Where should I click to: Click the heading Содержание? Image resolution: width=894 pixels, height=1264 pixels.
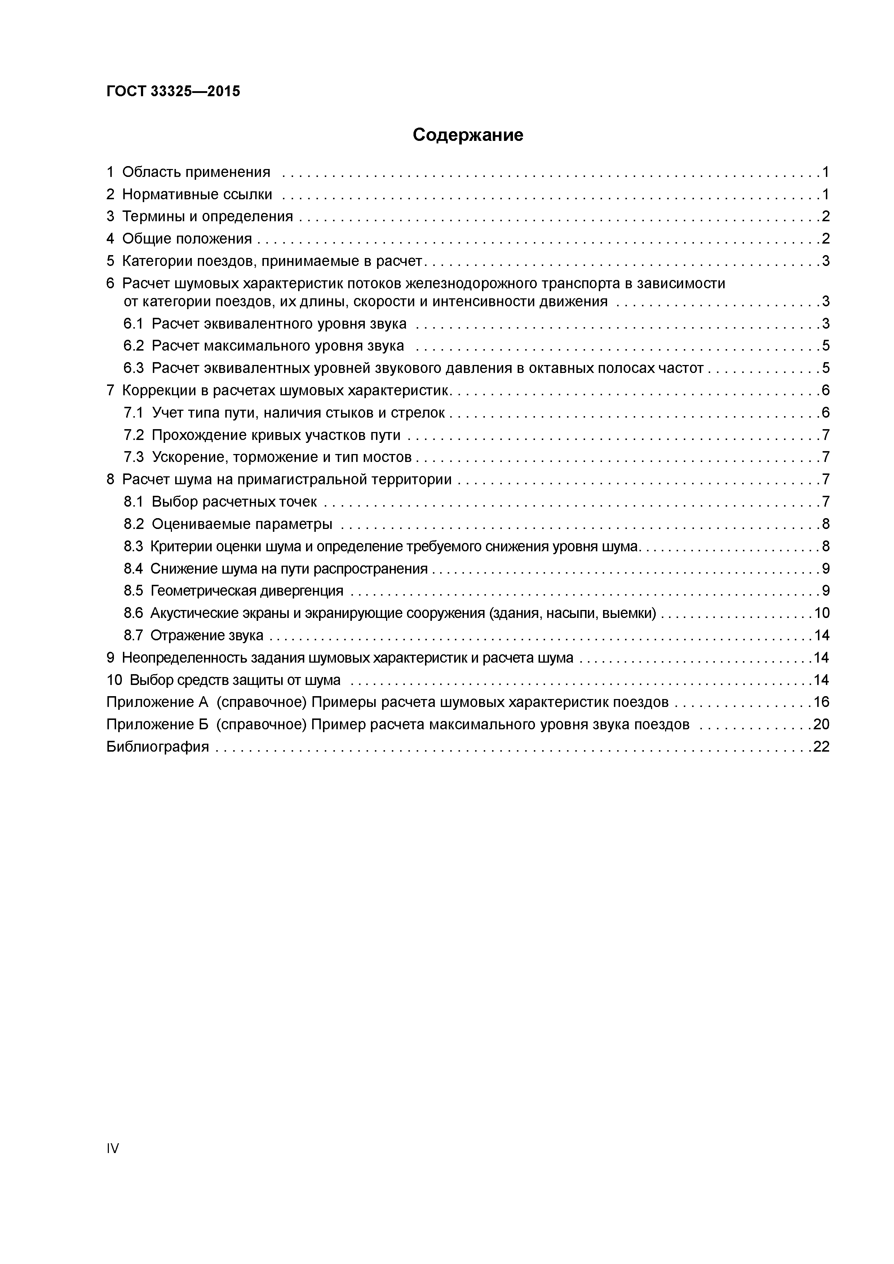coord(468,135)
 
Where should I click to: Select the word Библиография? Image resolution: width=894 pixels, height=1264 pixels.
coord(158,747)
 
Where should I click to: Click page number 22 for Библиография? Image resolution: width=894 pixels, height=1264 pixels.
coord(821,747)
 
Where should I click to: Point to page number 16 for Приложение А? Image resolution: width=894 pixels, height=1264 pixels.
coord(821,702)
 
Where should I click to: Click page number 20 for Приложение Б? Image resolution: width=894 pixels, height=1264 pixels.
coord(821,724)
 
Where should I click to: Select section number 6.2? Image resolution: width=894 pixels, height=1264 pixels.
coord(133,346)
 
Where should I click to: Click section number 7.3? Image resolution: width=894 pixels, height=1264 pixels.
coord(133,457)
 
